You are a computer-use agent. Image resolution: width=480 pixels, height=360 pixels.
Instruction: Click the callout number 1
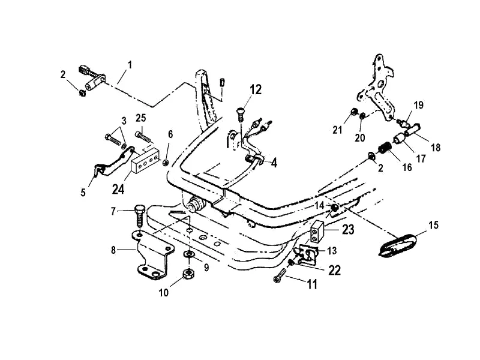130,64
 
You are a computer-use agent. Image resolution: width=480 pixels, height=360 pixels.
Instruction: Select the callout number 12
256,90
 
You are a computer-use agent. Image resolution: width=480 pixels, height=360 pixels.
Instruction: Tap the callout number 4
274,162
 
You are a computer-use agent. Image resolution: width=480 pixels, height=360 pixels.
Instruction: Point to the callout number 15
433,226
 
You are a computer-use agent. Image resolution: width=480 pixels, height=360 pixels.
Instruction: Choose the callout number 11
311,284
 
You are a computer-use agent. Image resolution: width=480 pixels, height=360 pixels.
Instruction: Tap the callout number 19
419,104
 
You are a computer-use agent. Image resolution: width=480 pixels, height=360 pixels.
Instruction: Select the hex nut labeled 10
187,275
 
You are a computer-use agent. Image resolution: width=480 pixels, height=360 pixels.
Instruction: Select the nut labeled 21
355,112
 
